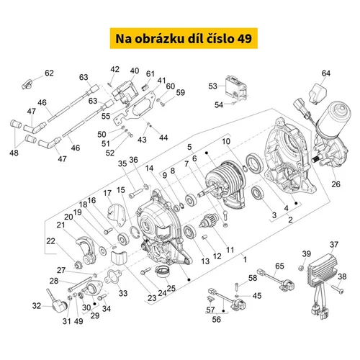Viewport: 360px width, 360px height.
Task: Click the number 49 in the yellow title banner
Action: tap(245, 39)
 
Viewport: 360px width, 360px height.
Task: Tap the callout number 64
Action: tap(326, 73)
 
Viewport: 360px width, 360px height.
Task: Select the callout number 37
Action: tap(334, 245)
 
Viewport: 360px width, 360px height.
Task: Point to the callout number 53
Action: tap(212, 86)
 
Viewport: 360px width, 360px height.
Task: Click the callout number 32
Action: tap(37, 305)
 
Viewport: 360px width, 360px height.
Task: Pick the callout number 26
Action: tap(336, 184)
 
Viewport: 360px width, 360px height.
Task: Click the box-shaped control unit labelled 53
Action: tap(235, 87)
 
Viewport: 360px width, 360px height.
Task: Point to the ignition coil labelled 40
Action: tap(125, 92)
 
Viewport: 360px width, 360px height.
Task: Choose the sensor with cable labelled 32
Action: tap(57, 302)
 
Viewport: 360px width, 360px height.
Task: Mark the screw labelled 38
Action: tap(338, 289)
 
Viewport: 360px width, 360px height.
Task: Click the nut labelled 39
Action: tap(301, 268)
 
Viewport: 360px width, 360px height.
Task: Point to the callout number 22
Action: tap(50, 240)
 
